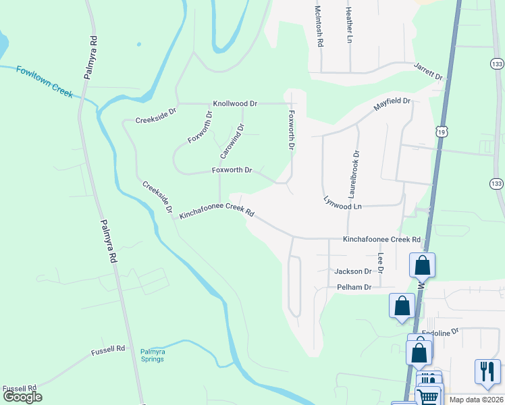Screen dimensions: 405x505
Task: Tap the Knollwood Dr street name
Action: click(236, 104)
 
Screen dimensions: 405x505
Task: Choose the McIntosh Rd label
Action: click(319, 26)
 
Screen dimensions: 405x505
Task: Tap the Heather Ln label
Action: click(349, 23)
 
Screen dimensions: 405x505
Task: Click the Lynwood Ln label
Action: click(342, 202)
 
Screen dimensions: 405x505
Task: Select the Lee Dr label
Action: click(381, 263)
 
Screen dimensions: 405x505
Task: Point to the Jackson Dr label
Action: click(353, 271)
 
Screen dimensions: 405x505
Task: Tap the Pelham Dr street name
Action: click(354, 288)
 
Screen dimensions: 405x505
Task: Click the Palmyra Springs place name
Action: click(153, 356)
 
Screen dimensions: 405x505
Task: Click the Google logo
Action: click(22, 397)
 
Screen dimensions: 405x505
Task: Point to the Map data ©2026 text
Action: click(476, 400)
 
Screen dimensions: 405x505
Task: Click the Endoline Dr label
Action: click(440, 331)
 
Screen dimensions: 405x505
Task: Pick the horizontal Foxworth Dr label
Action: click(232, 171)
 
